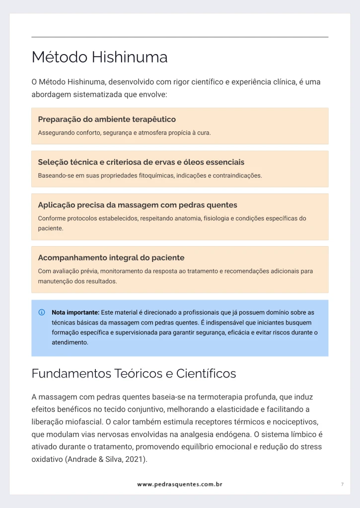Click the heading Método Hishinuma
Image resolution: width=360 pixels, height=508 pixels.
pyautogui.click(x=99, y=58)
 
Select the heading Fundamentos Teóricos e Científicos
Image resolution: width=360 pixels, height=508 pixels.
pyautogui.click(x=134, y=374)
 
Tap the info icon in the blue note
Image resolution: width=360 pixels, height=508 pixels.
pyautogui.click(x=42, y=313)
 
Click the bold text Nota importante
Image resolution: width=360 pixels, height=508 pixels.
pyautogui.click(x=75, y=313)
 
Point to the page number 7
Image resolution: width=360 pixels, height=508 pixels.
pyautogui.click(x=342, y=484)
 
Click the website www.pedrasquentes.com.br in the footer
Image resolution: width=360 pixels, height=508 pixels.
pyautogui.click(x=180, y=484)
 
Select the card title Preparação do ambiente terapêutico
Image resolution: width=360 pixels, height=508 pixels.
pyautogui.click(x=107, y=120)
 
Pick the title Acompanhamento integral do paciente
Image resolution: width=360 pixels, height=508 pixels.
pyautogui.click(x=111, y=258)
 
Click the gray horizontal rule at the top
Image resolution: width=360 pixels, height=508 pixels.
pyautogui.click(x=180, y=37)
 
